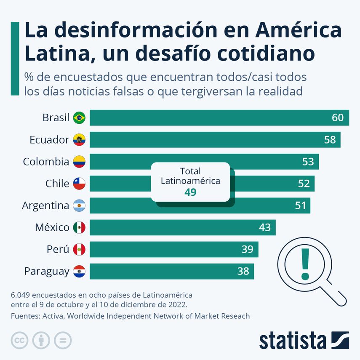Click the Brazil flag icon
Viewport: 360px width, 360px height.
[79, 118]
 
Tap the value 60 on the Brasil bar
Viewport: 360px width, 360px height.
[338, 118]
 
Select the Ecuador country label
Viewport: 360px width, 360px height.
[49, 140]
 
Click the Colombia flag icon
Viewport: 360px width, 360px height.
[79, 162]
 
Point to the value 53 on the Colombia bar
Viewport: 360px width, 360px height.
[308, 162]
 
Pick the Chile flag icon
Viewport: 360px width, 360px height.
[79, 184]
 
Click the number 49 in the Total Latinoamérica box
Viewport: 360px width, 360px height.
[190, 192]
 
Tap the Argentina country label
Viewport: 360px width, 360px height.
[45, 206]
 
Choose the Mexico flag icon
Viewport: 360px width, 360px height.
[79, 228]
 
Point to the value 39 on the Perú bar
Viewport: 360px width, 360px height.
[247, 250]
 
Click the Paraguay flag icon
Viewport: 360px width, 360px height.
[79, 272]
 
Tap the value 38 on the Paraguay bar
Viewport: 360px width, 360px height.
[243, 272]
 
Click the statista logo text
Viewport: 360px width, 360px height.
[293, 340]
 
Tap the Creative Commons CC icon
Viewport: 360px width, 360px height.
[19, 340]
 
